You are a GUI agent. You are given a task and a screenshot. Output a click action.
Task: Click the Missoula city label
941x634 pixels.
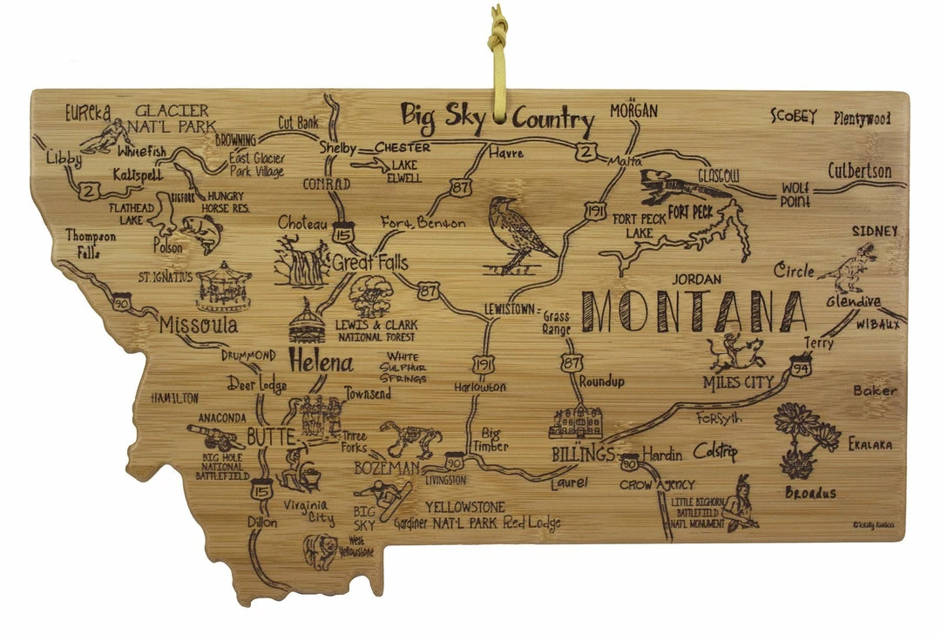coord(199,326)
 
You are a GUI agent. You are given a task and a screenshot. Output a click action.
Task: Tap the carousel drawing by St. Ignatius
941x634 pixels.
coord(223,287)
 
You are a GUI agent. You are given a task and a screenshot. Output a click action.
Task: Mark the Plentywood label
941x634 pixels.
coord(862,118)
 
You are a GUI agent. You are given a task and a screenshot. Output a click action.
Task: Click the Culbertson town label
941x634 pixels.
coord(859,172)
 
